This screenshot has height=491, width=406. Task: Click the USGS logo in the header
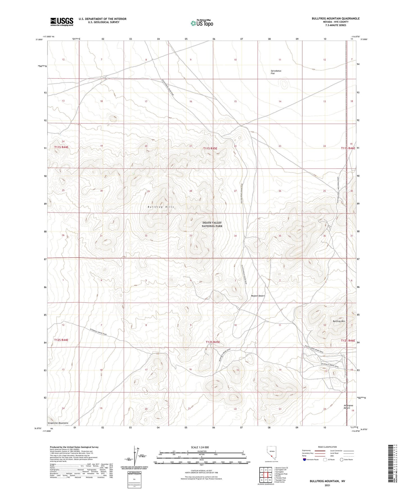pyautogui.click(x=62, y=22)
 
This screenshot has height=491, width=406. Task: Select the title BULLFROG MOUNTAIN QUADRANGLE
pyautogui.click(x=335, y=19)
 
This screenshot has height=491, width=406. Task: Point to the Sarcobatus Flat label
pyautogui.click(x=276, y=72)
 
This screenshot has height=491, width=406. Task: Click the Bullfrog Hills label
pyautogui.click(x=161, y=207)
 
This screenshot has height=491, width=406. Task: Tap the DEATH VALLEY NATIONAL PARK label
pyautogui.click(x=212, y=224)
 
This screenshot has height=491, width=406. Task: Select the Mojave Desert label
pyautogui.click(x=258, y=296)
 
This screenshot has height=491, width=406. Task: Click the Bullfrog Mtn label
pyautogui.click(x=339, y=321)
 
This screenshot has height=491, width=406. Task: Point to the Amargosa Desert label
pyautogui.click(x=348, y=407)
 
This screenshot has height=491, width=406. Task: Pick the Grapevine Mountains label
pyautogui.click(x=58, y=423)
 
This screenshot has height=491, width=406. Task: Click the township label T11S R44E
pyautogui.click(x=61, y=147)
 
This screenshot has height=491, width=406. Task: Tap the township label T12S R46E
pyautogui.click(x=348, y=341)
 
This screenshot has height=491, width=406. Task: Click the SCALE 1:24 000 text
pyautogui.click(x=200, y=447)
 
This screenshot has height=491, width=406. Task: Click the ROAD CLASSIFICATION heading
pyautogui.click(x=327, y=447)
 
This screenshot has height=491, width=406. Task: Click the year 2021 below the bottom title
pyautogui.click(x=327, y=485)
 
